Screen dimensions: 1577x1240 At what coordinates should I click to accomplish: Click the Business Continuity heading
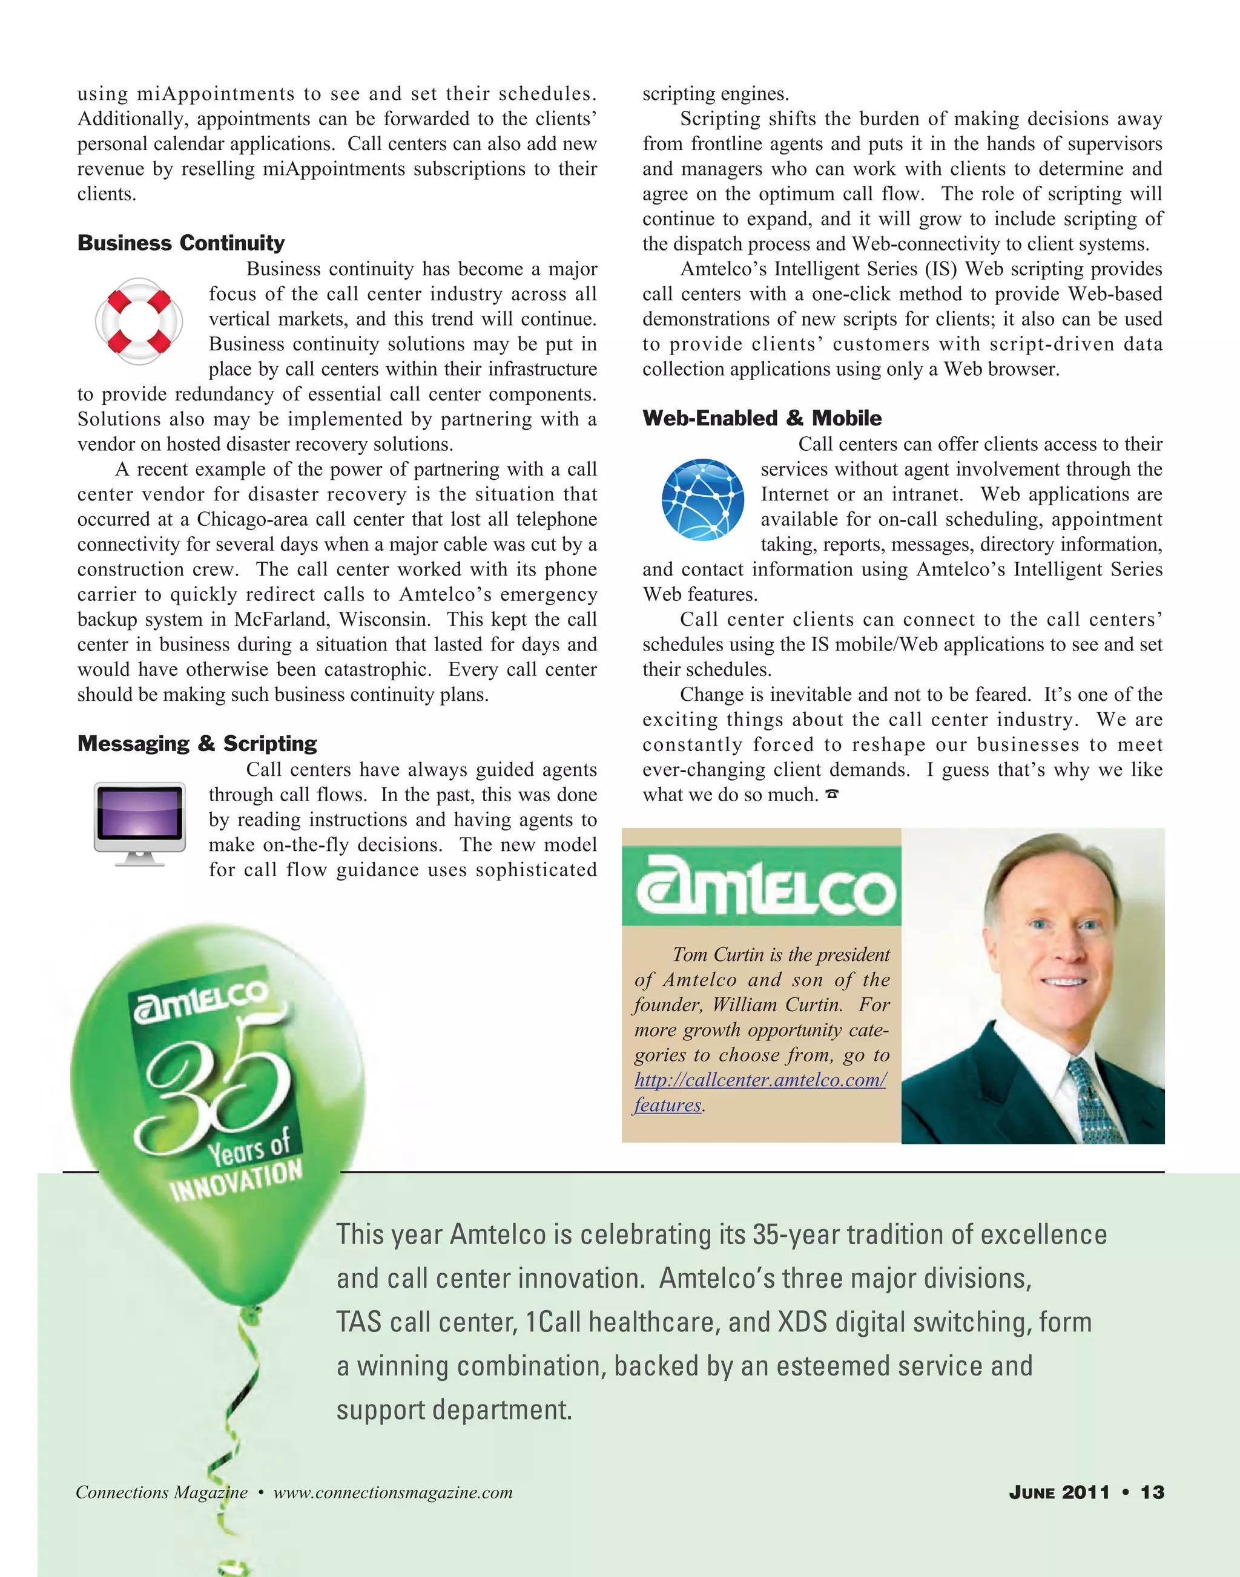point(181,243)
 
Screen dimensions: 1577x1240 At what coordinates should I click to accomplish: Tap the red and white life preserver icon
point(139,321)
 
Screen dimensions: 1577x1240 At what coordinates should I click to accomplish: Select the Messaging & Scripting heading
point(197,743)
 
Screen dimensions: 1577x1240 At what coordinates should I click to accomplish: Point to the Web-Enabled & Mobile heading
point(762,418)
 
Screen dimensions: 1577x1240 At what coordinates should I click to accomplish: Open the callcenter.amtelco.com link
point(760,1080)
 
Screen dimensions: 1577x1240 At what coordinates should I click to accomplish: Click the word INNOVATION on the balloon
point(236,1180)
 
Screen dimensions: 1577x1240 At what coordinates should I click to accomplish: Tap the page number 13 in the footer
point(1152,1492)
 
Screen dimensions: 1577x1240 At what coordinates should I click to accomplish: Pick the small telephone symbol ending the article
point(832,795)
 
